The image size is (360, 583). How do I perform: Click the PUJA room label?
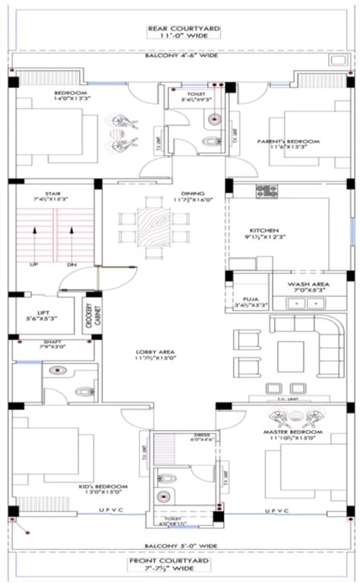(x=251, y=302)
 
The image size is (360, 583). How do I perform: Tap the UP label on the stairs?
(x=34, y=264)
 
